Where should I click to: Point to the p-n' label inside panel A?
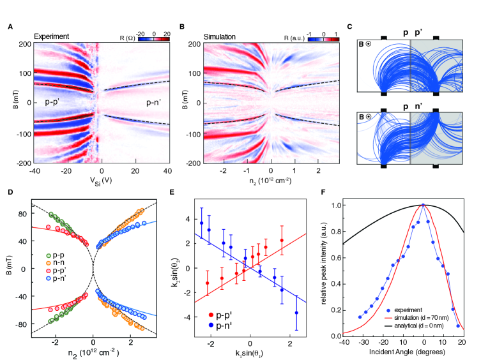pyautogui.click(x=146, y=101)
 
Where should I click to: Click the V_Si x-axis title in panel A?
pyautogui.click(x=99, y=180)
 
